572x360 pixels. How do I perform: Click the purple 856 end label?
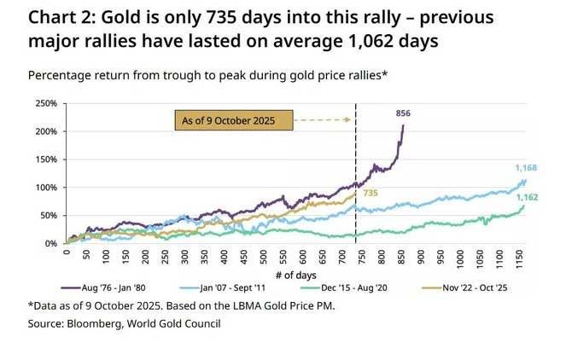pos(403,113)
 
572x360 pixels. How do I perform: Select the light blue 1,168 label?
pos(526,168)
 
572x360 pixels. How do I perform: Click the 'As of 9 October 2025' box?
pos(233,120)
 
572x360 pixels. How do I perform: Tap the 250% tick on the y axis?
pos(45,104)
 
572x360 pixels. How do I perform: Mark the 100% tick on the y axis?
pos(45,188)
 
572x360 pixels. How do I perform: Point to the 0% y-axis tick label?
pos(50,243)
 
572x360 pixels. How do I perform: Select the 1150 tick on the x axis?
pos(518,255)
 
